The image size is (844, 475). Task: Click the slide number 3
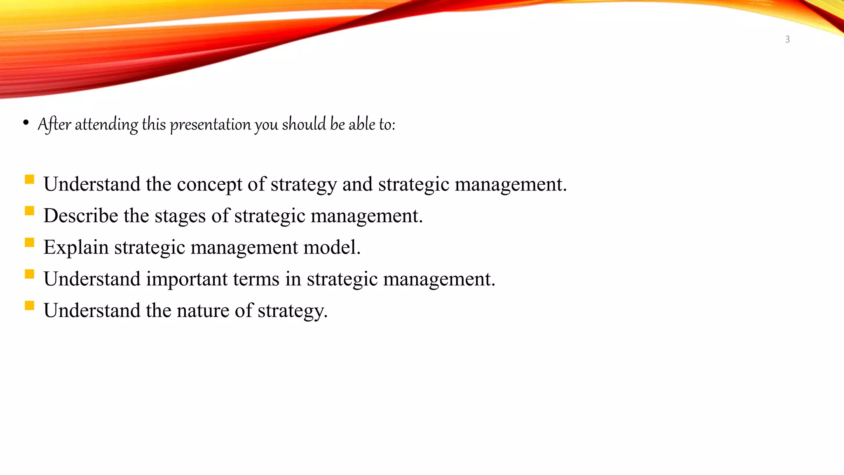(787, 40)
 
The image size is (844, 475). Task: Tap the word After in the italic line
(54, 124)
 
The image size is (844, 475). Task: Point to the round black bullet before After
(26, 122)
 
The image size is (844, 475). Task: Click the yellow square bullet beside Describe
(29, 211)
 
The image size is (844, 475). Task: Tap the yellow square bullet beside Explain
(29, 242)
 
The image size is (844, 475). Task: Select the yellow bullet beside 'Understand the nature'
(29, 306)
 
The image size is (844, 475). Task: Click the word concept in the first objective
(209, 184)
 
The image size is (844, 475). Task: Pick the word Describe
(81, 216)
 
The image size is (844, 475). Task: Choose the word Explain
(76, 247)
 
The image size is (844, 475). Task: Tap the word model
(332, 247)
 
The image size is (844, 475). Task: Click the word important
(187, 279)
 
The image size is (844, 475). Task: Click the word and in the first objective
(357, 184)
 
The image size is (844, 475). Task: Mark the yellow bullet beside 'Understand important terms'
(29, 274)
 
